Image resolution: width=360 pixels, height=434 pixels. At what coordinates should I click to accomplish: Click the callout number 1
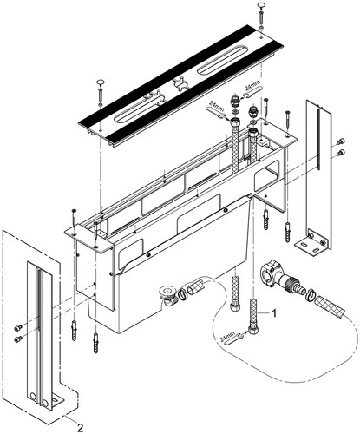[x=274, y=312]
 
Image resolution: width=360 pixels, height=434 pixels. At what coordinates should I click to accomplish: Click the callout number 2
[x=80, y=427]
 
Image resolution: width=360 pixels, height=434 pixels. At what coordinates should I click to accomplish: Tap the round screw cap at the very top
[x=261, y=4]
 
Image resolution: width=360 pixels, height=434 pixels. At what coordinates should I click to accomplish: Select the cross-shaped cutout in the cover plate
[x=180, y=84]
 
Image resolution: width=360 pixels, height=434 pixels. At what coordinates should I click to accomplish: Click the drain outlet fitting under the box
[x=167, y=296]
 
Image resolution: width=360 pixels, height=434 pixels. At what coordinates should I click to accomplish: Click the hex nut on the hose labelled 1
[x=253, y=330]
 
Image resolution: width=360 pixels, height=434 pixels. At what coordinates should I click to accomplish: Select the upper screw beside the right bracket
[x=340, y=141]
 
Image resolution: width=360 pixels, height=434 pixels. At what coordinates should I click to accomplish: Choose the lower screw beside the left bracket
[x=18, y=339]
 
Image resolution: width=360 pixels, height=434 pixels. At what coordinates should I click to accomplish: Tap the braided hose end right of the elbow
[x=330, y=307]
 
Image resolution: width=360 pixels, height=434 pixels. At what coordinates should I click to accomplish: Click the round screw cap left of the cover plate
[x=101, y=82]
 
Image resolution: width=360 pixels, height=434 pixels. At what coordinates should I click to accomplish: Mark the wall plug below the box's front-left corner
[x=75, y=331]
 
